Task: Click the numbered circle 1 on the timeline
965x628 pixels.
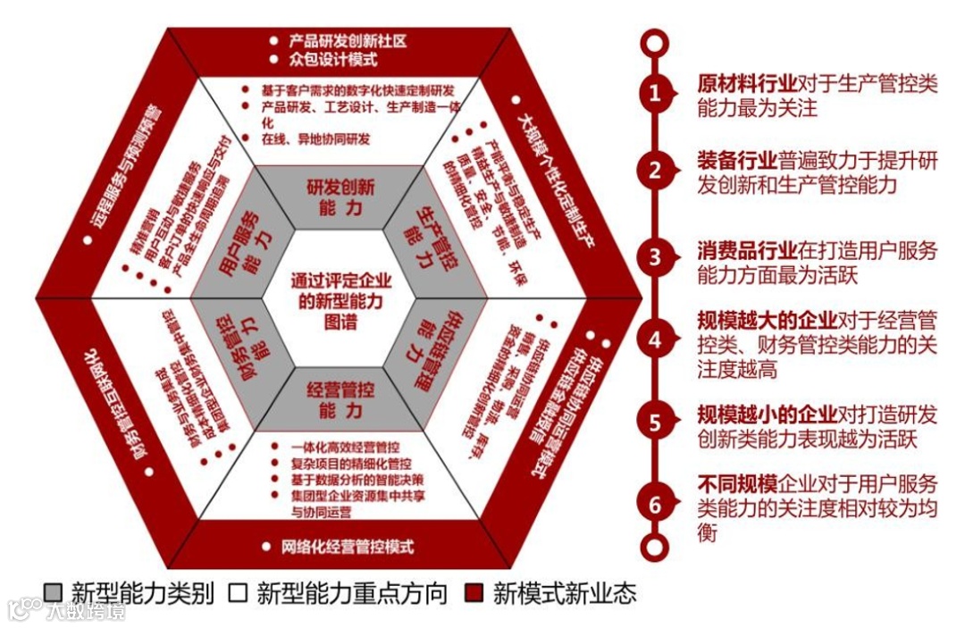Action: pyautogui.click(x=655, y=93)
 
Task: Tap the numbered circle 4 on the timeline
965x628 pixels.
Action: pyautogui.click(x=655, y=339)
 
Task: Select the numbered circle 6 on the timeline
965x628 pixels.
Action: pyautogui.click(x=655, y=504)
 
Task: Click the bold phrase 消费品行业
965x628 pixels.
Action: pyautogui.click(x=747, y=251)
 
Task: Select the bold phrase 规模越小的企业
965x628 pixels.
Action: pyautogui.click(x=767, y=414)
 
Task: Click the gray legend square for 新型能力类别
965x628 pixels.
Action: pyautogui.click(x=55, y=593)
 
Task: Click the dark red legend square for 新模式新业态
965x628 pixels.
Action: pyautogui.click(x=474, y=593)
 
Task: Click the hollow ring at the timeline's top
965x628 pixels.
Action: pyautogui.click(x=655, y=40)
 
